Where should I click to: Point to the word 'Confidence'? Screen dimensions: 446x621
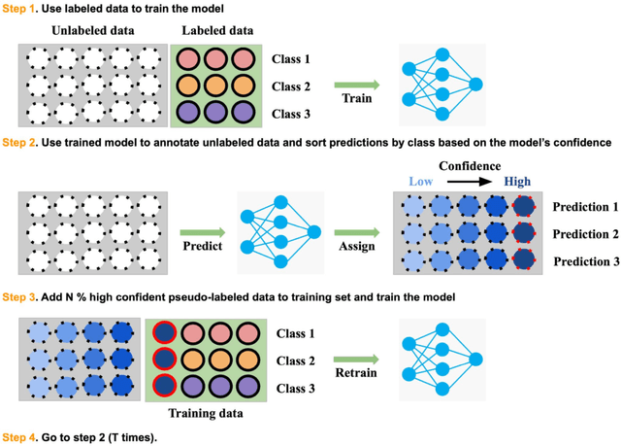(x=473, y=165)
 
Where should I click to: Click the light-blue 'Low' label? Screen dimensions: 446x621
(x=420, y=182)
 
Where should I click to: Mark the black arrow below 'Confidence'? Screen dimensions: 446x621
(x=472, y=182)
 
